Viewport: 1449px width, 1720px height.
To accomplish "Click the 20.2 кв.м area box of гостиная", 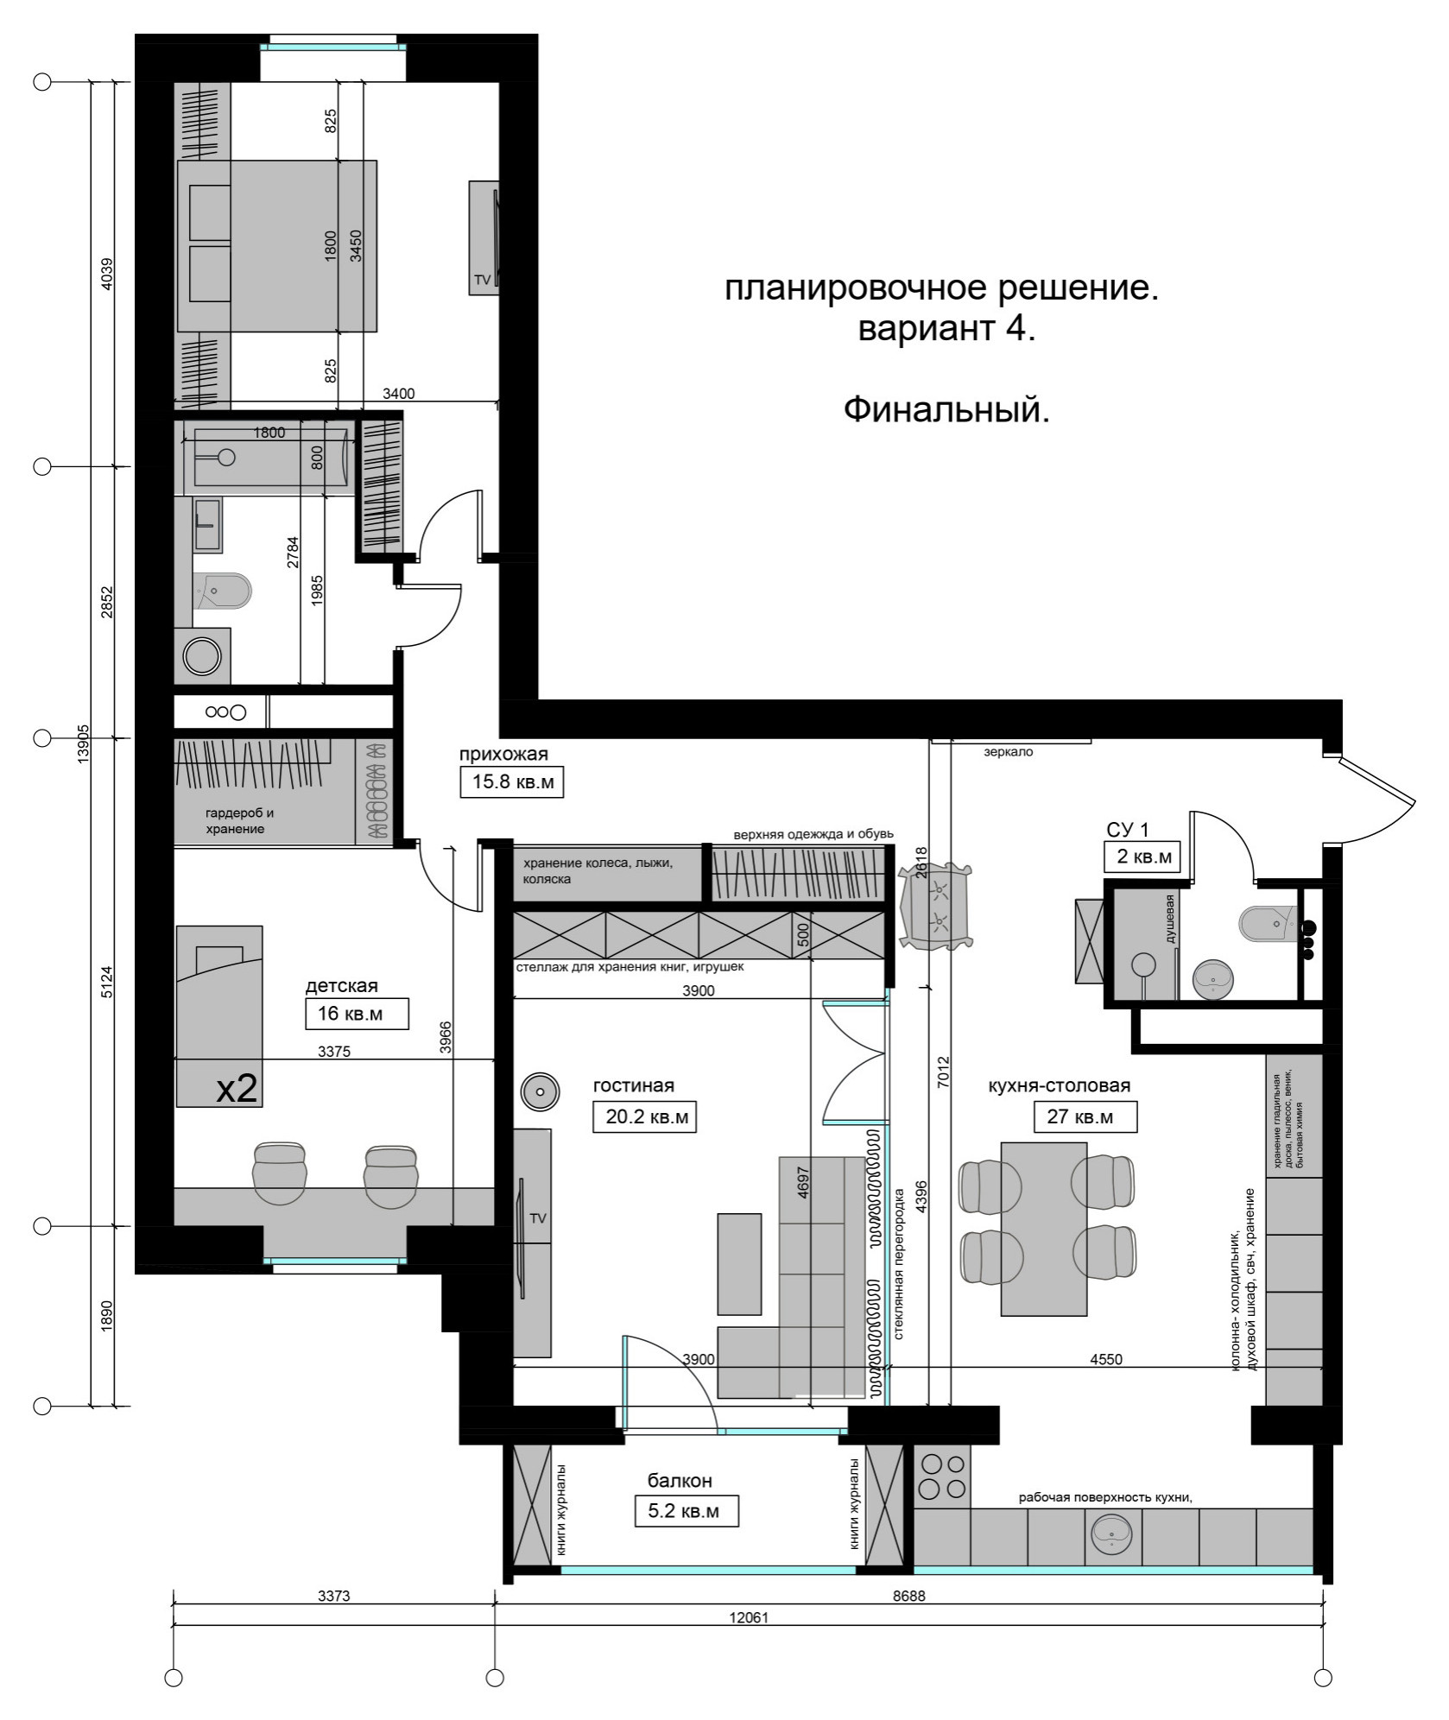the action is click(645, 1116).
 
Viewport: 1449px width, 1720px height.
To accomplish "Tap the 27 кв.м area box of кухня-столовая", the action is click(1085, 1116).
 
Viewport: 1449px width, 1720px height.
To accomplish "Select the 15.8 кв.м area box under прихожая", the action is click(511, 782).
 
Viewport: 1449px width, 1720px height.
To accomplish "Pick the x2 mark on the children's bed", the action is click(236, 1089).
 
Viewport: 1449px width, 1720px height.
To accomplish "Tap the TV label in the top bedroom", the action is click(481, 280).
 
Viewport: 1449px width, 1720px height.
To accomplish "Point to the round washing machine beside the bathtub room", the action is click(204, 657).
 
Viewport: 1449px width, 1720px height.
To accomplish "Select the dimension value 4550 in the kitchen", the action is click(1106, 1358).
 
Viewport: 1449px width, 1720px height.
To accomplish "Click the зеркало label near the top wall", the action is click(1009, 751).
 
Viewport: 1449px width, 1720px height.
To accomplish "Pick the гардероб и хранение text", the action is click(239, 820).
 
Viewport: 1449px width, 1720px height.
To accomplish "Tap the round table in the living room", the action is click(541, 1091).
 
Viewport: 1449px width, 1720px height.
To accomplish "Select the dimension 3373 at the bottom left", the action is click(333, 1596).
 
